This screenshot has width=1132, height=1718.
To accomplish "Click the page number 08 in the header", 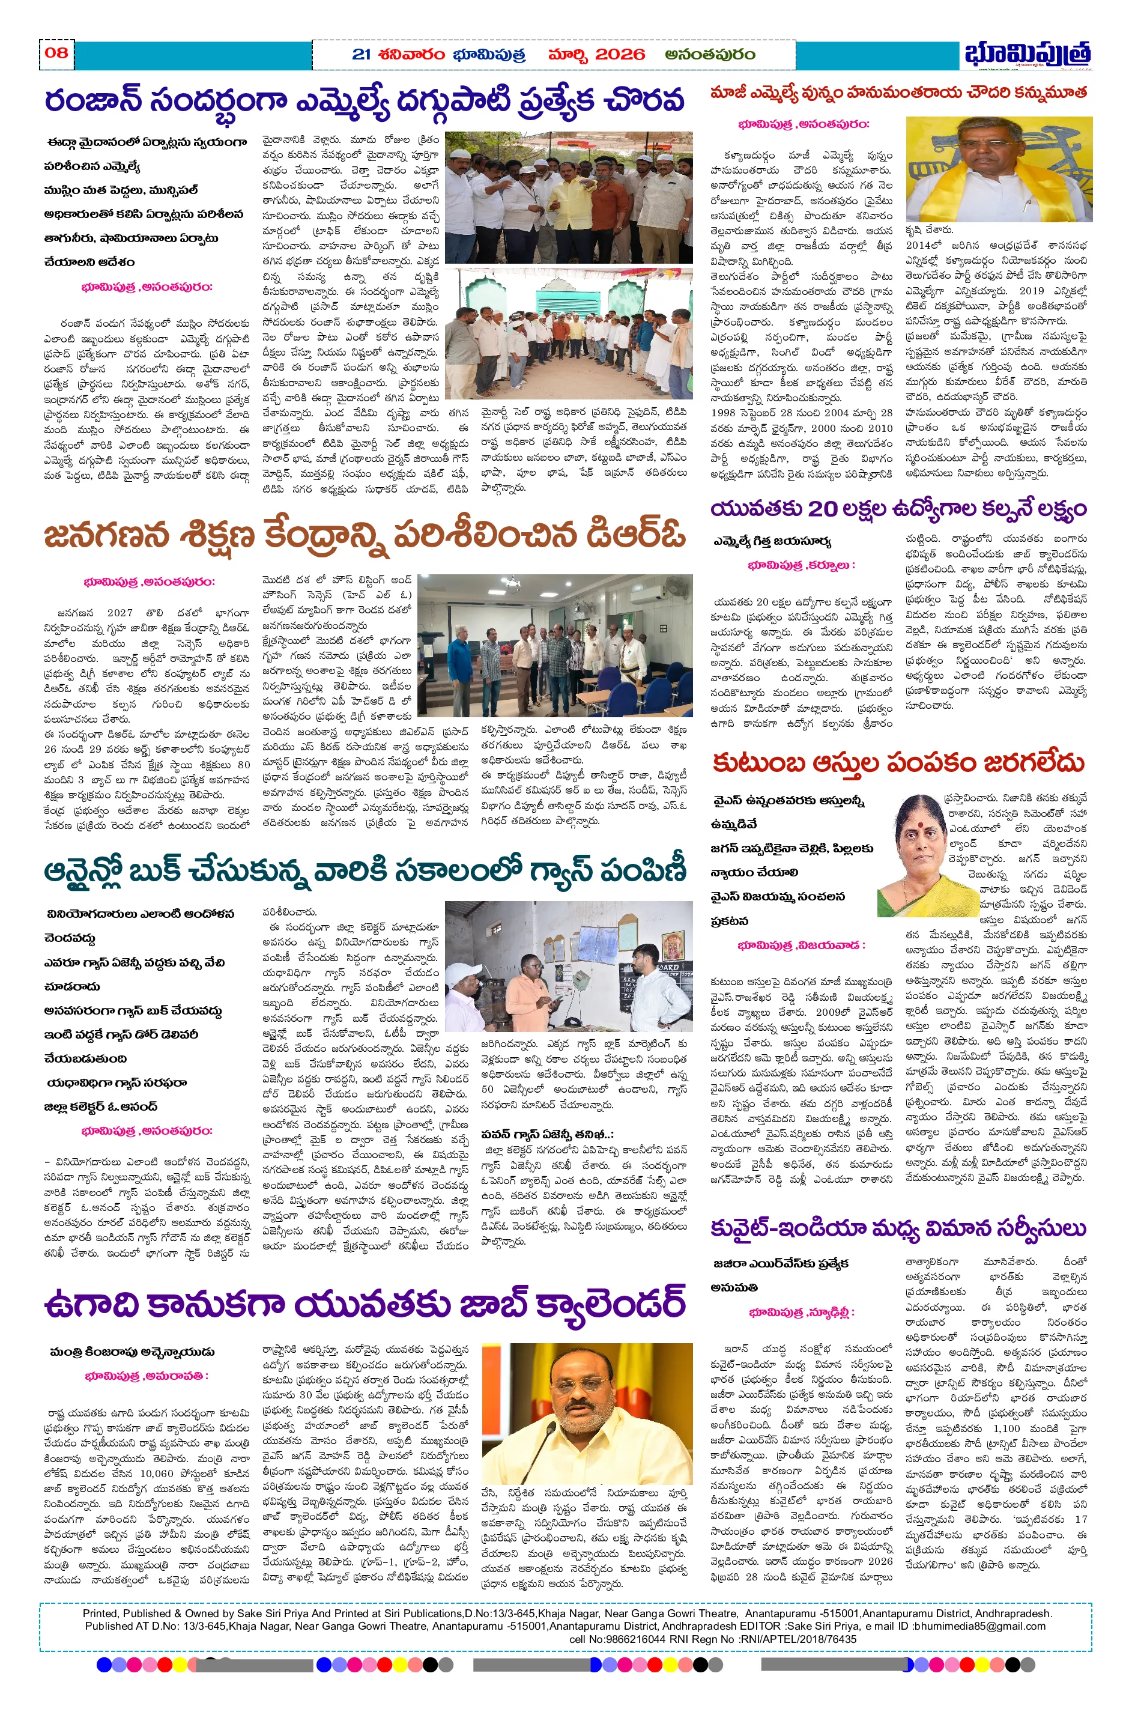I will (56, 52).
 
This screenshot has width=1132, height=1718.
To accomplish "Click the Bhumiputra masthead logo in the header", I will (1028, 53).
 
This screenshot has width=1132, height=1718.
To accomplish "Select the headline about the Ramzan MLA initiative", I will (364, 100).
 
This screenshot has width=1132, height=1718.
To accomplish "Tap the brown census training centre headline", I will (364, 536).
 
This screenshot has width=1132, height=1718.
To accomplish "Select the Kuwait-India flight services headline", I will (898, 1228).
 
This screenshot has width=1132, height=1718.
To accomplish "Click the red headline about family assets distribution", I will (898, 763).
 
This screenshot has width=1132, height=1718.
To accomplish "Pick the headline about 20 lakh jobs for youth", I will (898, 509).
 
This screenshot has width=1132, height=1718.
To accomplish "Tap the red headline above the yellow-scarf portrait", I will (898, 93).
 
